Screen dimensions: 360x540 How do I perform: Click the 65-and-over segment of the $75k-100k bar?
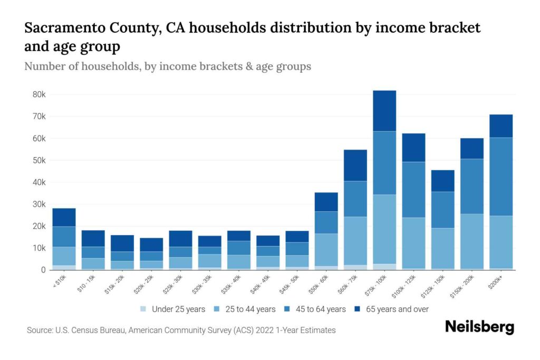pyautogui.click(x=384, y=111)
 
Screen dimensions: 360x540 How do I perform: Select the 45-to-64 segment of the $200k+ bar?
pyautogui.click(x=501, y=177)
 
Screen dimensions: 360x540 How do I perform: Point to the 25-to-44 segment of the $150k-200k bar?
pyautogui.click(x=471, y=241)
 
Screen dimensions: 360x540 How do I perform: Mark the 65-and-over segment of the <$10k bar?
pyautogui.click(x=64, y=217)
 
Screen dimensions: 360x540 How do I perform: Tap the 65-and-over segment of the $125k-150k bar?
pyautogui.click(x=442, y=181)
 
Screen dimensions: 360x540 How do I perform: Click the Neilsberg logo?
pyautogui.click(x=479, y=327)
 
